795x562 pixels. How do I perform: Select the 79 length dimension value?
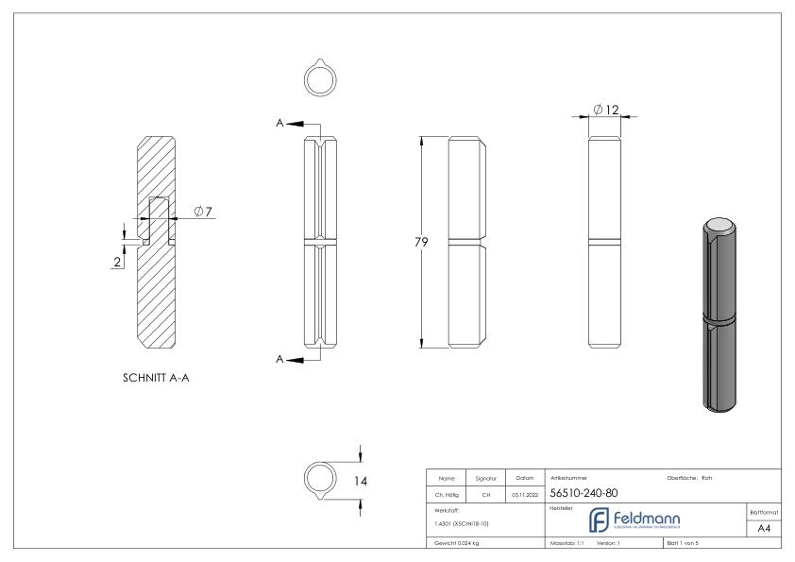(422, 243)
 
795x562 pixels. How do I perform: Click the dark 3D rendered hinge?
(722, 315)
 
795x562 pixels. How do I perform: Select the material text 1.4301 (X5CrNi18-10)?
(462, 522)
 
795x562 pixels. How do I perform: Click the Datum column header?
(527, 478)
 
